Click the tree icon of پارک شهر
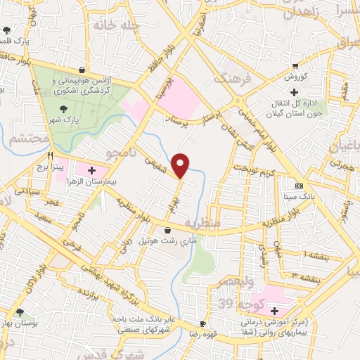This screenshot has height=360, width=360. [x=65, y=109]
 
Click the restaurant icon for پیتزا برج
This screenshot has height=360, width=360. [x=50, y=157]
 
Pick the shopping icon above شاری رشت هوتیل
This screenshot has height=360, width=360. [x=167, y=230]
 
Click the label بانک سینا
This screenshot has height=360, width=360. [x=300, y=198]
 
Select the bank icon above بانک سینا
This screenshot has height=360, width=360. [x=300, y=186]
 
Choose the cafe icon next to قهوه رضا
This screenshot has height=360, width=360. [x=202, y=324]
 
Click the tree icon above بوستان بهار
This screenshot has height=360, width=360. [x=19, y=312]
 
